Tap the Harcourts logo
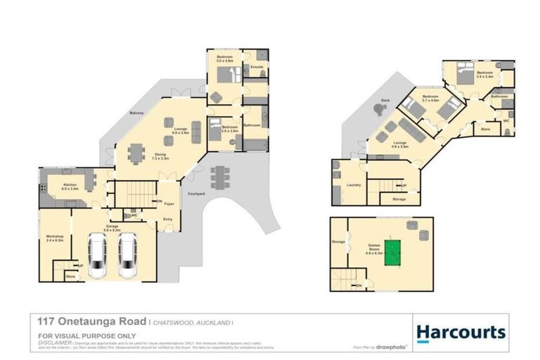click(x=461, y=332)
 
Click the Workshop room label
click(x=55, y=237)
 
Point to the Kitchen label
click(x=70, y=186)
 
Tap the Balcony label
click(x=136, y=113)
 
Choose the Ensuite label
click(x=257, y=67)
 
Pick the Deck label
click(x=385, y=101)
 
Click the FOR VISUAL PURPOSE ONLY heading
click(x=77, y=337)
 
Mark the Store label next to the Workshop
click(x=70, y=276)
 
